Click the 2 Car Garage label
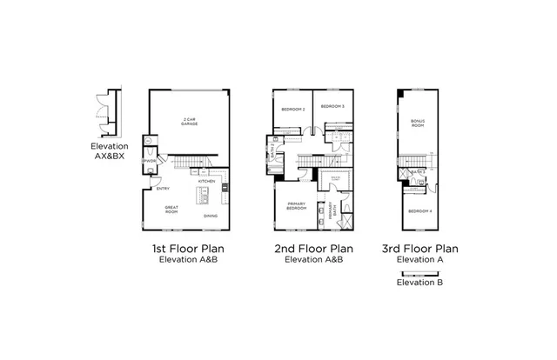click(x=188, y=123)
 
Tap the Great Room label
click(x=171, y=210)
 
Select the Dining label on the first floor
click(x=211, y=216)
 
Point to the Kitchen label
click(x=206, y=182)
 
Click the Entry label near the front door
click(x=163, y=189)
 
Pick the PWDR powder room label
click(x=150, y=160)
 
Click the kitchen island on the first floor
click(x=205, y=194)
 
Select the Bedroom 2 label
click(x=292, y=109)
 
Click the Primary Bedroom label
click(x=296, y=208)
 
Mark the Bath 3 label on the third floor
click(x=419, y=172)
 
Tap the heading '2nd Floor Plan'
click(x=309, y=249)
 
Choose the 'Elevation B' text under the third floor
click(x=419, y=282)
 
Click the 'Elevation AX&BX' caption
click(x=109, y=152)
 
